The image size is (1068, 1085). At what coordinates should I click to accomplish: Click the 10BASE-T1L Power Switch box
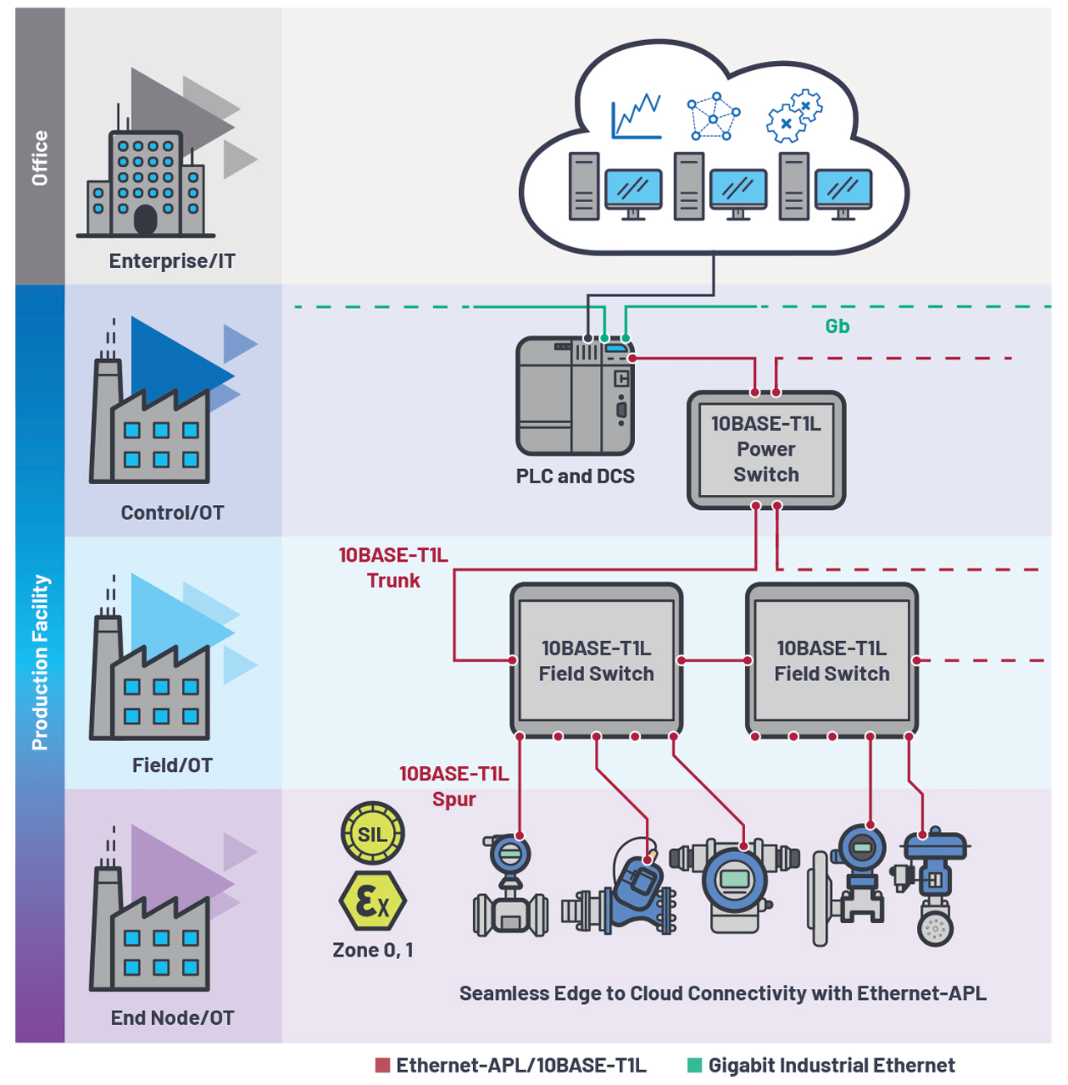click(766, 450)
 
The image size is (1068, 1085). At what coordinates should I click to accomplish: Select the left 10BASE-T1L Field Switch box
click(596, 660)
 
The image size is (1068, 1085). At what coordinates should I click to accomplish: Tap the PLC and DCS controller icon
click(575, 395)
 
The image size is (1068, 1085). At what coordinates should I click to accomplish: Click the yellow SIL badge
click(372, 833)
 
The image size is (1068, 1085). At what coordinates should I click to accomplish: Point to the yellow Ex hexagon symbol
click(372, 901)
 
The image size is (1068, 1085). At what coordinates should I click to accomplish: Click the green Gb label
click(837, 326)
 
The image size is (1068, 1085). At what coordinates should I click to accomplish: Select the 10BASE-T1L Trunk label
click(393, 568)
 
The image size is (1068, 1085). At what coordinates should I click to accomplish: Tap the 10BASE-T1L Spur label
click(454, 786)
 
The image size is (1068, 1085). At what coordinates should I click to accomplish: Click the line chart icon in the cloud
click(636, 116)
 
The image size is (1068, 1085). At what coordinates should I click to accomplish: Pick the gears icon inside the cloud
click(794, 116)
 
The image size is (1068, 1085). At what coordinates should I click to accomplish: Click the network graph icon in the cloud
click(713, 118)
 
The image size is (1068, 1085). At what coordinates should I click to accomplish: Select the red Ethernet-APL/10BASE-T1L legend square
click(383, 1065)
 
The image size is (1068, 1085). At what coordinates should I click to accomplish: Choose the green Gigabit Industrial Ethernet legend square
click(694, 1065)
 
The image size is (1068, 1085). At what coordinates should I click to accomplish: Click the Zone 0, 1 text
click(372, 950)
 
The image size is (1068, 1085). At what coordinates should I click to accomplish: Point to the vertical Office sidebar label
click(39, 158)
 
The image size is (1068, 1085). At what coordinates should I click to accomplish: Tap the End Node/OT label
click(172, 1017)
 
